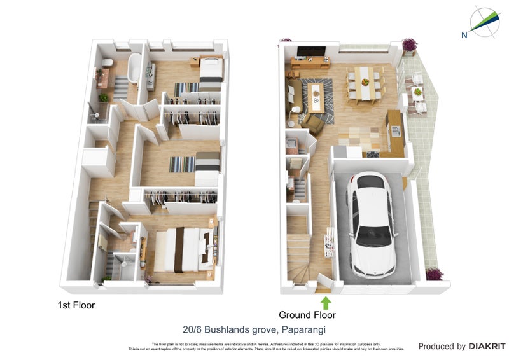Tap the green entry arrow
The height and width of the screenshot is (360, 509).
click(326, 301)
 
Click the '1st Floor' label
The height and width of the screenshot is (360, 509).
click(76, 305)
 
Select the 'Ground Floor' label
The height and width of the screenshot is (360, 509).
click(307, 315)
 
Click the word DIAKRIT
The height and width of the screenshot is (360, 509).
click(487, 347)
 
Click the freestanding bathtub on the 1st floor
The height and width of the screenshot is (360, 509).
click(134, 68)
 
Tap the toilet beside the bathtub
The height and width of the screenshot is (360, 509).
click(108, 62)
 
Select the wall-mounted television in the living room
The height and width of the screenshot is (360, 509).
click(312, 52)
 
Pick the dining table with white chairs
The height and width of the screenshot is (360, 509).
click(365, 83)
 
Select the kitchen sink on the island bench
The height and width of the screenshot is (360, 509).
click(395, 131)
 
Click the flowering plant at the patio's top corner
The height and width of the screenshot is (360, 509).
click(408, 45)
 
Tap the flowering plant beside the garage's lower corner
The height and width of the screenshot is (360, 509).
click(435, 274)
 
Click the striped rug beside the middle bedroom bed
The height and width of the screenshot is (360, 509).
click(182, 164)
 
